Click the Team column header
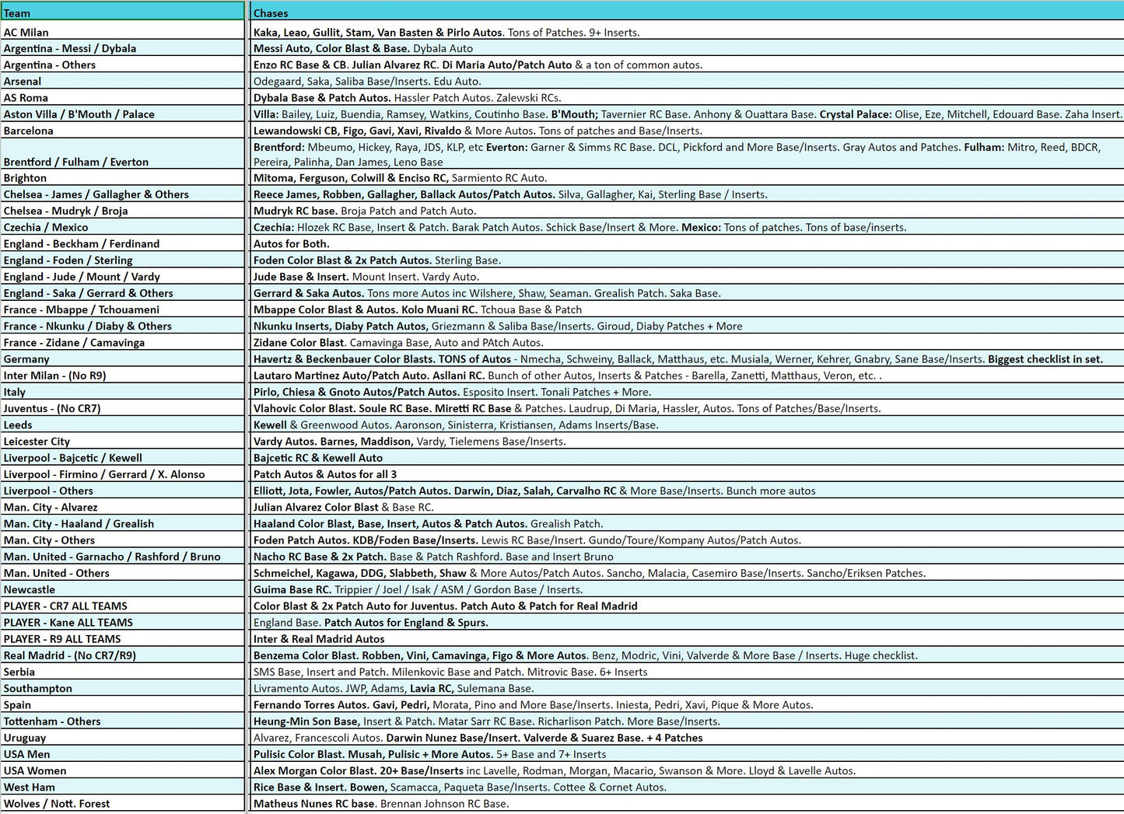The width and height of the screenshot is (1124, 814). (17, 12)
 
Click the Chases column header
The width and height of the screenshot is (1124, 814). (271, 12)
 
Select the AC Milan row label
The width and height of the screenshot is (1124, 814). (26, 32)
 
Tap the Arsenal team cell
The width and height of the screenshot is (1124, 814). (23, 81)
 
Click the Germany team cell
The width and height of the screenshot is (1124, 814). (26, 359)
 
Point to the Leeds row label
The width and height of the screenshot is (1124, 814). (18, 424)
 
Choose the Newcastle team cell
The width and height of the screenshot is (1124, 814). (30, 589)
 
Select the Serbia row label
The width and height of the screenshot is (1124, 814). (19, 672)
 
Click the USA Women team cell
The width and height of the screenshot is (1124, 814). (35, 770)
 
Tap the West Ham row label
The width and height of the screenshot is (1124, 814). (29, 787)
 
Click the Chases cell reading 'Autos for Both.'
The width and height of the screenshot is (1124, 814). (292, 243)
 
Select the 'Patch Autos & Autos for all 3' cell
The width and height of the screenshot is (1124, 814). (325, 474)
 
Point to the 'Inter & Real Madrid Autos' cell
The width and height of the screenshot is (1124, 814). (319, 639)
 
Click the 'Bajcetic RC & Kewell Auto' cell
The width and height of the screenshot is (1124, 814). (318, 458)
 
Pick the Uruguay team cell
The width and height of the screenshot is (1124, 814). (25, 738)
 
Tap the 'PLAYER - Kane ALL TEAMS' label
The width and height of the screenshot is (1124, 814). (68, 622)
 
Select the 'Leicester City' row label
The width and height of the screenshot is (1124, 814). (37, 441)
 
